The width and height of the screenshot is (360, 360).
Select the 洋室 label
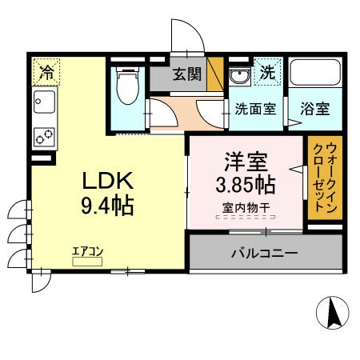(x=246, y=162)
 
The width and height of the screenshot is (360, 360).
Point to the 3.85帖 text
(x=246, y=186)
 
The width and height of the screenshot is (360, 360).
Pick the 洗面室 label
(x=255, y=107)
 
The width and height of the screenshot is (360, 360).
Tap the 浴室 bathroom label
(x=316, y=107)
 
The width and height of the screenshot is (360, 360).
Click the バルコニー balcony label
(x=265, y=253)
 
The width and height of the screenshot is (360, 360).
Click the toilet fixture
(x=126, y=87)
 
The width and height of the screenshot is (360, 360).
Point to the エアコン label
(x=89, y=250)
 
